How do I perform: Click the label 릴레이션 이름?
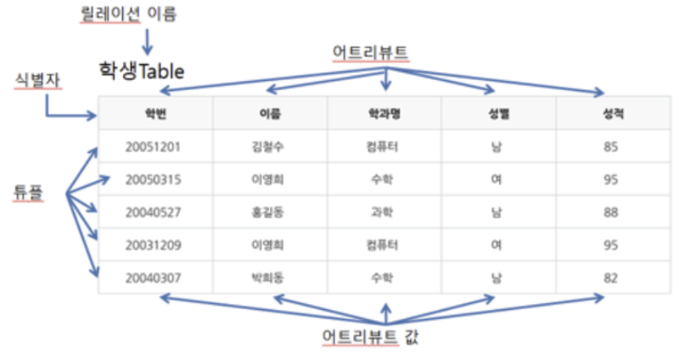point(128,14)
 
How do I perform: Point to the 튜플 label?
point(27,192)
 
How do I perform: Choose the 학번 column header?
point(155,114)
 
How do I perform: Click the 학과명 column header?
point(384,114)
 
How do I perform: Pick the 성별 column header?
point(498,114)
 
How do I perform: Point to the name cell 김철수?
point(268,146)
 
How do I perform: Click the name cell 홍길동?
point(268,212)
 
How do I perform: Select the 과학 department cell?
point(384,212)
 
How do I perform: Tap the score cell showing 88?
point(611,212)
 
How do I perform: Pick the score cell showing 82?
point(611,278)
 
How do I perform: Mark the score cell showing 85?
point(611,146)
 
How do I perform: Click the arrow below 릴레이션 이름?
point(147,41)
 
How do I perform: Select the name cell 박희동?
point(268,278)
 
